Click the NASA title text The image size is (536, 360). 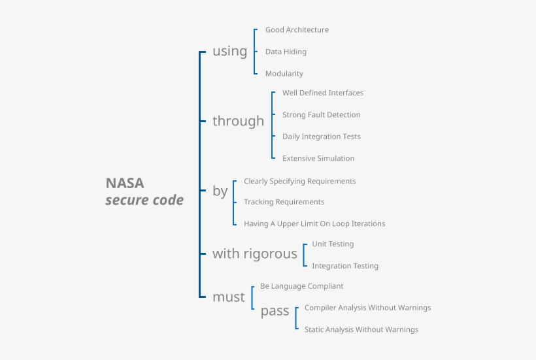click(x=125, y=184)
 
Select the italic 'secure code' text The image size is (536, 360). click(x=144, y=201)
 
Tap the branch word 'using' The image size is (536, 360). click(x=229, y=52)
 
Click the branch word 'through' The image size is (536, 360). click(x=238, y=122)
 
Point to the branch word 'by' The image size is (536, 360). click(x=220, y=191)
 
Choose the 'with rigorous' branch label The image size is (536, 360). click(x=254, y=254)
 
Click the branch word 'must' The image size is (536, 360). click(x=228, y=297)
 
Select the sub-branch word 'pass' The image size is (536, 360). click(x=275, y=312)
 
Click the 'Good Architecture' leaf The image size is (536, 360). click(x=297, y=30)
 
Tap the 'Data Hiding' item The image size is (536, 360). click(x=286, y=52)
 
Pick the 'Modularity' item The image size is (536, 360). click(x=284, y=74)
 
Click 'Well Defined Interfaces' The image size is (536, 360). click(x=322, y=93)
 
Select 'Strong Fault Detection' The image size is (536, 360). click(x=321, y=115)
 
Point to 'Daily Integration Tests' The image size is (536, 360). click(x=321, y=137)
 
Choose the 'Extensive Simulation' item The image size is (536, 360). click(x=318, y=158)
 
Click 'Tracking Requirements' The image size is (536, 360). click(x=284, y=202)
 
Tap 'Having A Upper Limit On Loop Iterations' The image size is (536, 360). click(x=314, y=223)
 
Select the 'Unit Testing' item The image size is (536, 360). click(x=333, y=244)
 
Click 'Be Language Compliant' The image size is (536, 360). click(x=301, y=286)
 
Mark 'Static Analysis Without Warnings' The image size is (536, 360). click(x=361, y=329)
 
